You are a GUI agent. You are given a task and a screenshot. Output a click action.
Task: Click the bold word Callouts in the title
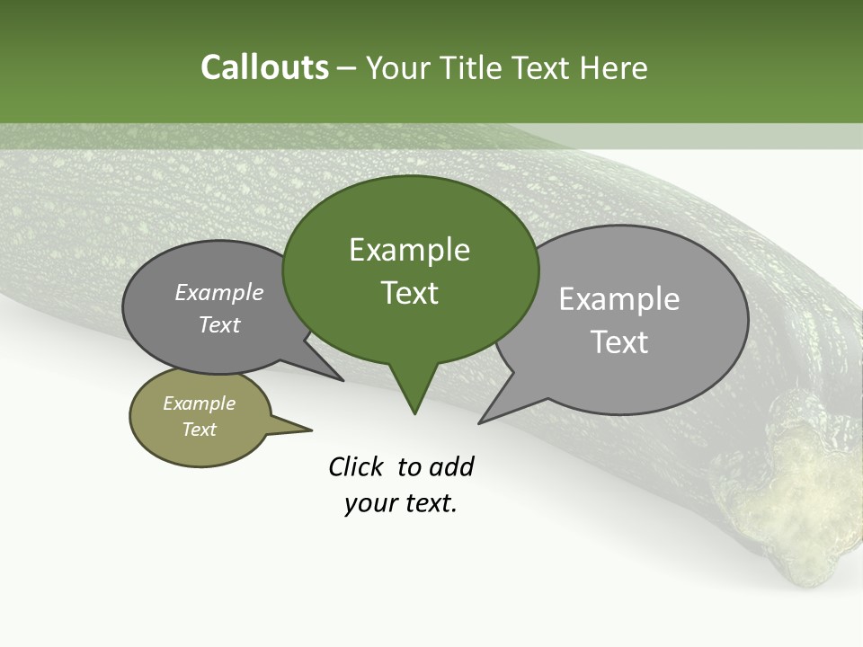264,67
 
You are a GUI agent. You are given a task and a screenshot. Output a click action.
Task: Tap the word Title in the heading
467,67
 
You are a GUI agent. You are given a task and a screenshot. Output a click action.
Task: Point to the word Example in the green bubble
409,250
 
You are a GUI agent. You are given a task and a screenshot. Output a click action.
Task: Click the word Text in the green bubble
409,293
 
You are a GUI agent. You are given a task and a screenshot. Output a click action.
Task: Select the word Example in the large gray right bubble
618,298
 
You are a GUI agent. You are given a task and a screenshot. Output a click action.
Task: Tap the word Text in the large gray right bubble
618,341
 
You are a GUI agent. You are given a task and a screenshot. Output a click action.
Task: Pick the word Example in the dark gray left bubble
218,292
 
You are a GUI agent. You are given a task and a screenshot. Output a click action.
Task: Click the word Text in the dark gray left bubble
218,324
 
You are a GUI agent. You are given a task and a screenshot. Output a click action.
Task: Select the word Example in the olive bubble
199,403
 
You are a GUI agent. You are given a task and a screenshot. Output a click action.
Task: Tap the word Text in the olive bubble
199,430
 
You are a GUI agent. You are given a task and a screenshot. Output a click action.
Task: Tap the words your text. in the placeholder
400,503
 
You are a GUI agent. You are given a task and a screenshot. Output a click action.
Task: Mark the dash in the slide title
347,68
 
